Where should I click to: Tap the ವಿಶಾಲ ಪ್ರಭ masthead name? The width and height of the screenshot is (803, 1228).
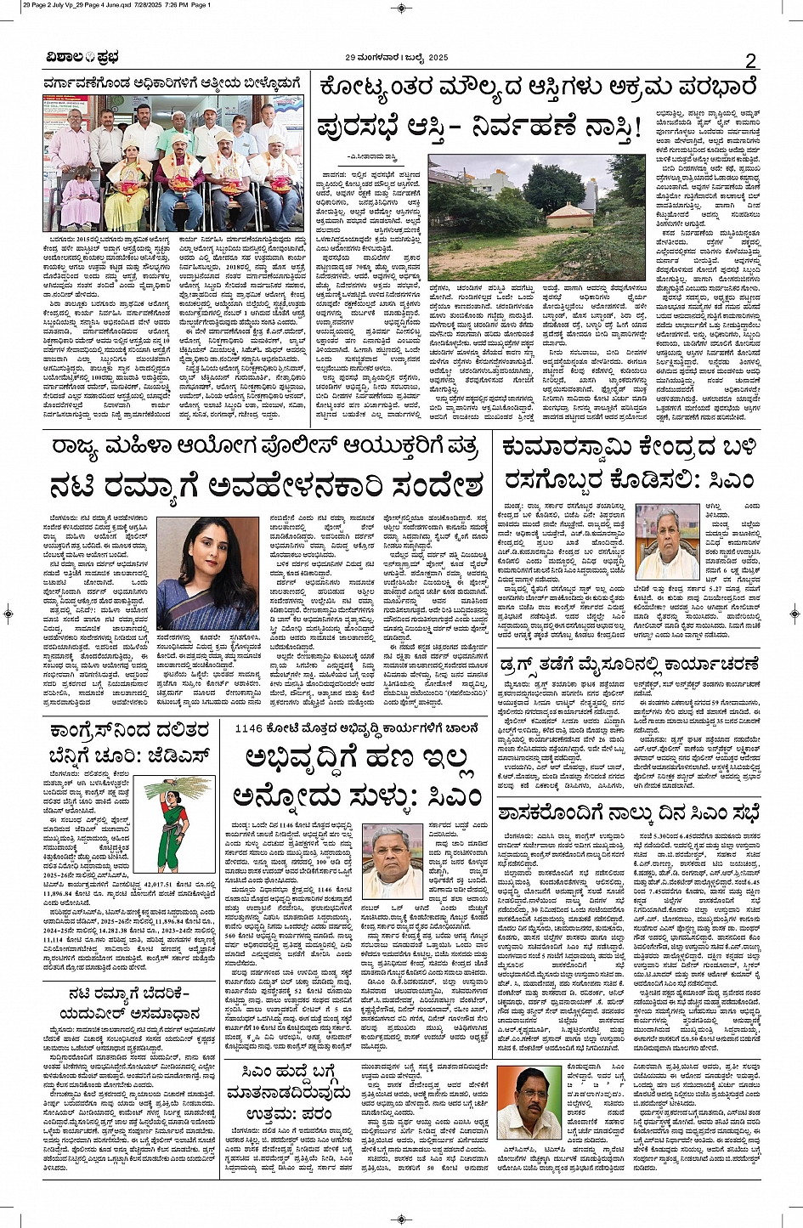[82, 58]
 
